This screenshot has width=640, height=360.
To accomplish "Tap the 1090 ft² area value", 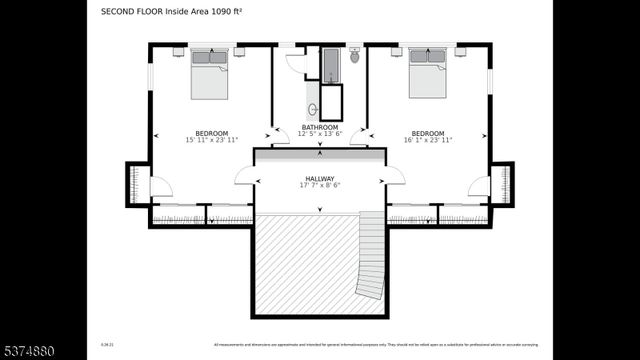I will point(229,12).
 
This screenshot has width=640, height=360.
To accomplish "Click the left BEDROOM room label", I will point(211,134).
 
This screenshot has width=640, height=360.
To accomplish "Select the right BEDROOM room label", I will point(428,134).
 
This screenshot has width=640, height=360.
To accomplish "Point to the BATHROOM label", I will point(320,127).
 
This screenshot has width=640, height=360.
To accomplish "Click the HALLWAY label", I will point(320,178).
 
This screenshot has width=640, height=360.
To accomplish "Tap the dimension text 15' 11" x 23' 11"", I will point(211,141).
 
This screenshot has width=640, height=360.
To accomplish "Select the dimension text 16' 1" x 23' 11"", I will point(428,141).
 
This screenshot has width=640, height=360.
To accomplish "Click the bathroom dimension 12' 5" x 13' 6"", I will point(320,134).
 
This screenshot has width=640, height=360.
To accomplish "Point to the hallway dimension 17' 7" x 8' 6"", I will point(320,185).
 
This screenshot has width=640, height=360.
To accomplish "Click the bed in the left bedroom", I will point(210,73).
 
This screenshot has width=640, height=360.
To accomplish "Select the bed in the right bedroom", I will point(429,73).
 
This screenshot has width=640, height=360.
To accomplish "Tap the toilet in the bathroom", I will point(354,56).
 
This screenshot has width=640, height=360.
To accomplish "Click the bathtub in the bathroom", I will point(331,66).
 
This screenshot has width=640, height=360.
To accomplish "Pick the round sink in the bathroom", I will point(312,108).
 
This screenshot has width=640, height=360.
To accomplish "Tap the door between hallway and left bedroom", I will point(244,176).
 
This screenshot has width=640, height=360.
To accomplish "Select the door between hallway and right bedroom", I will point(394,176).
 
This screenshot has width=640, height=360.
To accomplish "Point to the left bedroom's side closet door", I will point(161,186).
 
